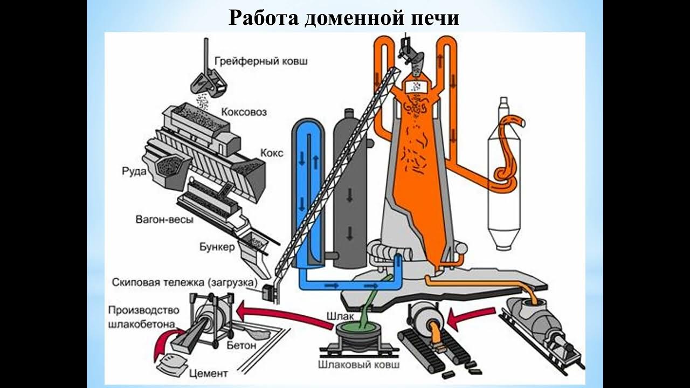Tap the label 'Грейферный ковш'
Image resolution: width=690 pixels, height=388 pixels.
click(x=261, y=61)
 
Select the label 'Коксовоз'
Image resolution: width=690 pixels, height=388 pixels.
click(x=244, y=112)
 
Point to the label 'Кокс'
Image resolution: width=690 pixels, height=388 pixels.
click(x=272, y=153)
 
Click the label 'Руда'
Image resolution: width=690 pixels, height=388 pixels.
click(x=134, y=171)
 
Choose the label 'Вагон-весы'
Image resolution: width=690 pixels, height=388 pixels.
click(x=165, y=219)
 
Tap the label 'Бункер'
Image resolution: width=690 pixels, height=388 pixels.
click(x=217, y=247)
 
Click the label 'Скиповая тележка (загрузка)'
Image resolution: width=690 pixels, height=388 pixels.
click(x=184, y=282)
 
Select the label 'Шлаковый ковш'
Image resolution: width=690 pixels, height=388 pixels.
click(x=359, y=365)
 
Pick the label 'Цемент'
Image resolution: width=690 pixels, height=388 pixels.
click(x=209, y=373)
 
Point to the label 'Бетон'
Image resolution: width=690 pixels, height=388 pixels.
click(x=241, y=345)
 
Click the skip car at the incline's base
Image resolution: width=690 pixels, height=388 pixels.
click(x=267, y=292)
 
